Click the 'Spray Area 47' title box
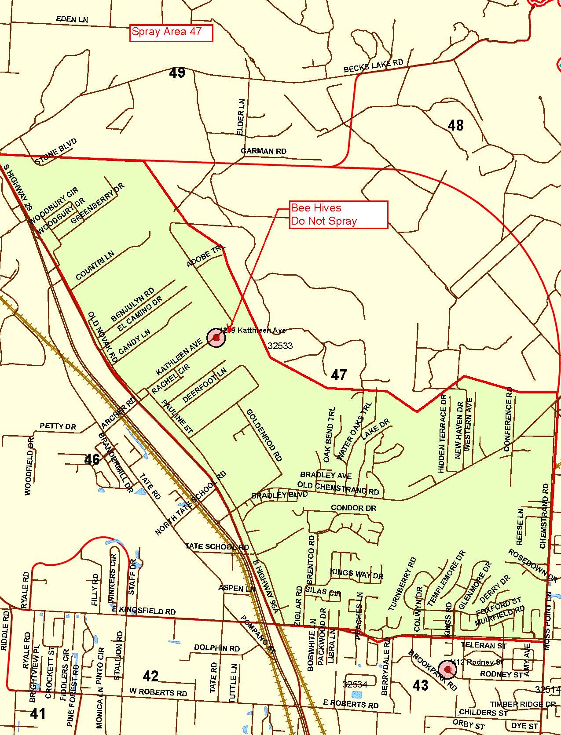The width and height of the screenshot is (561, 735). (171, 33)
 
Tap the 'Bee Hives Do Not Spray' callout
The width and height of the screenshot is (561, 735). (338, 215)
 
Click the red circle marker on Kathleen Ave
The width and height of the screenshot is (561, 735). (216, 338)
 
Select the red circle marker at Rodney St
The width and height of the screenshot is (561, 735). (448, 670)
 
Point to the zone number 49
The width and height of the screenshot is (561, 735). (177, 73)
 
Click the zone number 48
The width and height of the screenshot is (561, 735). (455, 125)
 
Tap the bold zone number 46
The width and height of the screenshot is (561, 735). (92, 459)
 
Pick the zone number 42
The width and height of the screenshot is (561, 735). (150, 675)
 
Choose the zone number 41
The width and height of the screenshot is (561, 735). (38, 713)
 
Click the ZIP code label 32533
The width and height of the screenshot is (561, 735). (280, 346)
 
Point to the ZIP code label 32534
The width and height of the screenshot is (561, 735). (355, 684)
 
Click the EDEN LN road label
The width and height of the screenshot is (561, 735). (72, 20)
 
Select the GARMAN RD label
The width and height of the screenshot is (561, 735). (264, 151)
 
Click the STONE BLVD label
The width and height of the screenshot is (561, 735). (56, 151)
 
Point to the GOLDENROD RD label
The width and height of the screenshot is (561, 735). (264, 435)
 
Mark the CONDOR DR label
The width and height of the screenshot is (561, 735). (353, 508)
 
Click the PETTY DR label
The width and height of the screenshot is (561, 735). (58, 426)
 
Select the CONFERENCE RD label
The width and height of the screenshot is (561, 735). (508, 419)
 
